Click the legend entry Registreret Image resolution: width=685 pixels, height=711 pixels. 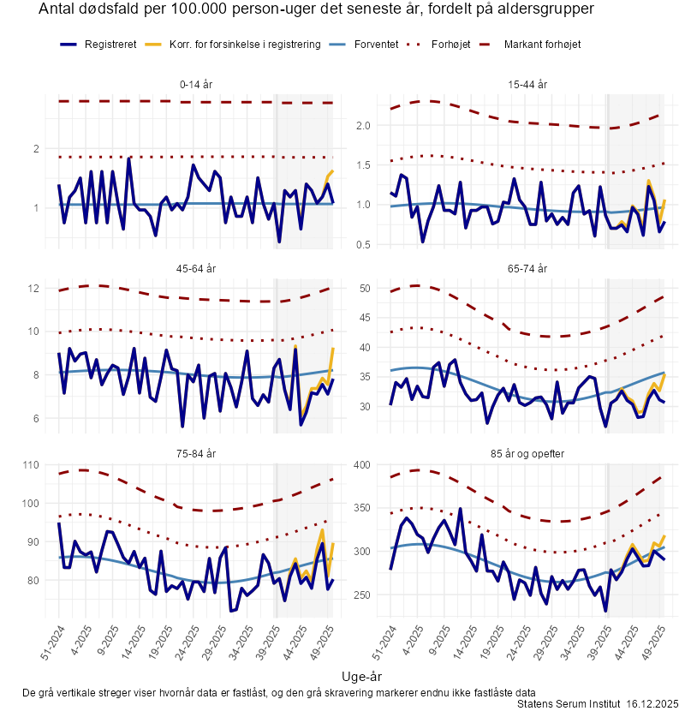pos(110,44)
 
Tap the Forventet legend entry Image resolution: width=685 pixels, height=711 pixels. pos(376,44)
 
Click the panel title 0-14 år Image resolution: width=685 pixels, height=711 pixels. pos(197,85)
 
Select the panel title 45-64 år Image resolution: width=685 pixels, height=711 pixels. pos(197,269)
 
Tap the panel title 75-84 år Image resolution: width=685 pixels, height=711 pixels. pos(197,453)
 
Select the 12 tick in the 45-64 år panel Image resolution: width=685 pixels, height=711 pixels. pos(35,289)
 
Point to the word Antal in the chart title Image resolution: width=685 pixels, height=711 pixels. pos(58,9)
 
